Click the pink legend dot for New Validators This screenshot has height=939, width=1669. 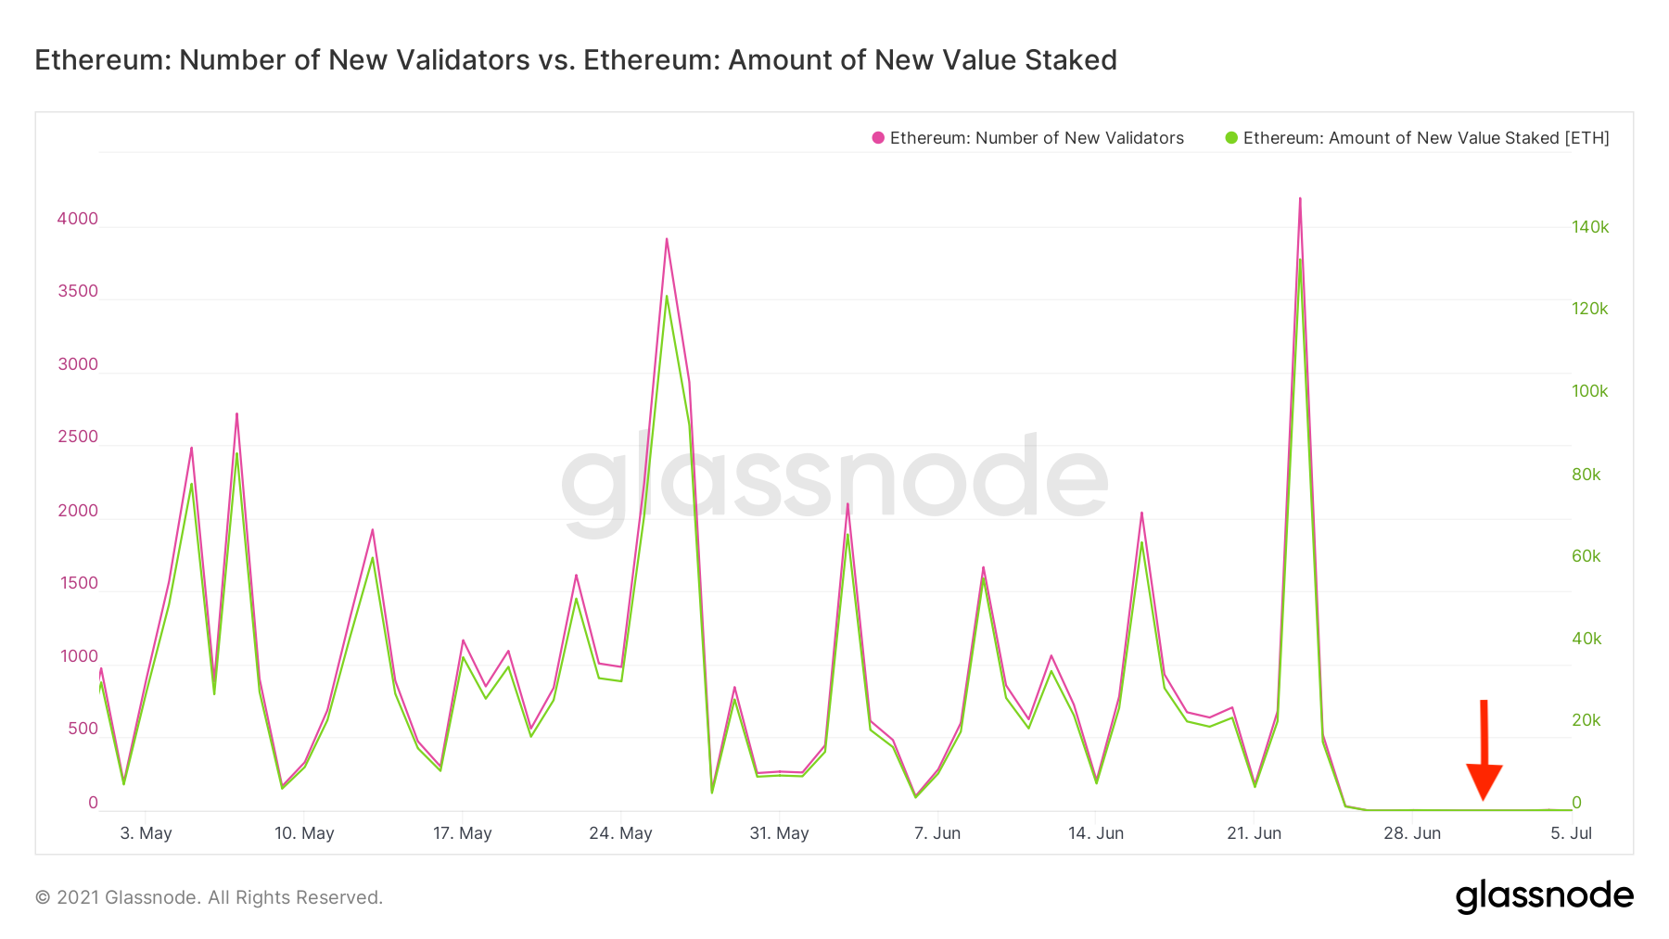pos(877,138)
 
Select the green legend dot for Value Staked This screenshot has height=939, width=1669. pos(1230,138)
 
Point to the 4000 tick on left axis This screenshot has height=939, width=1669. pos(78,219)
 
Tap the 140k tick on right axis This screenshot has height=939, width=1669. pos(1589,227)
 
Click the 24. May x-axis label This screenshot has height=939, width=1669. pos(620,832)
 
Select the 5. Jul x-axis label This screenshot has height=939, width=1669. pos(1570,832)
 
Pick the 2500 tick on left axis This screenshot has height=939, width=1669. pos(78,437)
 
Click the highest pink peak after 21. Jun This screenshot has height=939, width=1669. pos(1300,199)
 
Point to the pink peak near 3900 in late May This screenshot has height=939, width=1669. pos(667,240)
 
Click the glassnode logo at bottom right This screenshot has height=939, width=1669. pos(1544,895)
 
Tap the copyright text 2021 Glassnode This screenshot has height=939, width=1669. pos(209,897)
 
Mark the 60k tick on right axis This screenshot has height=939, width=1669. pos(1586,556)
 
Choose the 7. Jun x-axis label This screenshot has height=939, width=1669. pos(936,832)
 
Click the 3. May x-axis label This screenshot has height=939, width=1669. pos(146,832)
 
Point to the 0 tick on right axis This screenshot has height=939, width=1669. pos(1576,803)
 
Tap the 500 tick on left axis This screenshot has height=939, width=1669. pos(83,729)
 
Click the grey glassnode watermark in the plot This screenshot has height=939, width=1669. pos(834,482)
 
